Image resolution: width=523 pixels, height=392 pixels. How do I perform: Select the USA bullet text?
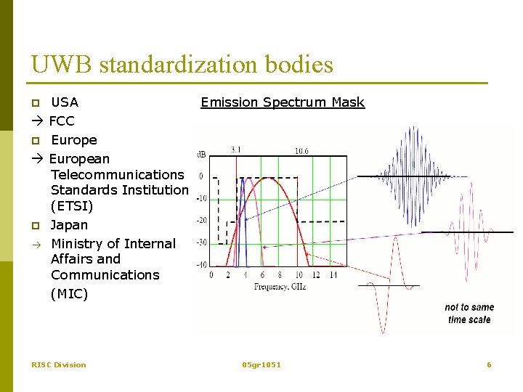tap(64, 102)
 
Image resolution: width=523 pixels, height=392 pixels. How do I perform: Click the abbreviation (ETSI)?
tap(72, 206)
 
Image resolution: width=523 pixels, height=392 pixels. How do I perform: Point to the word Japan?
tap(69, 225)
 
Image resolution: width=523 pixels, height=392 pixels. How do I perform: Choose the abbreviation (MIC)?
tap(69, 294)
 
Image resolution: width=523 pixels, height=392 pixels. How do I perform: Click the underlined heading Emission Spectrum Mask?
tap(283, 102)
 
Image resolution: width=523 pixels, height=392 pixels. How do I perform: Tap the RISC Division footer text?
tap(58, 364)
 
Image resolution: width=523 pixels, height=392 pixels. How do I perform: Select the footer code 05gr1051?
tap(261, 364)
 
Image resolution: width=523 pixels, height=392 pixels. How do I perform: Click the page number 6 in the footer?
tap(489, 364)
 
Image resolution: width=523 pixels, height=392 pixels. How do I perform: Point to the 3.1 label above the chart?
tap(237, 150)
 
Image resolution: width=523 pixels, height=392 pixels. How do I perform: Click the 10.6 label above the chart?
tap(301, 151)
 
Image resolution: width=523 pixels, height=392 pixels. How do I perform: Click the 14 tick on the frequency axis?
tap(333, 276)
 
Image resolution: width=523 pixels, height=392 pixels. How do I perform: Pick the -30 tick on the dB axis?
tap(203, 242)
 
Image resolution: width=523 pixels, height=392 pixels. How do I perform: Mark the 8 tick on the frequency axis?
tap(280, 276)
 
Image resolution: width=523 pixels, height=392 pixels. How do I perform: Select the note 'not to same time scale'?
tap(469, 314)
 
